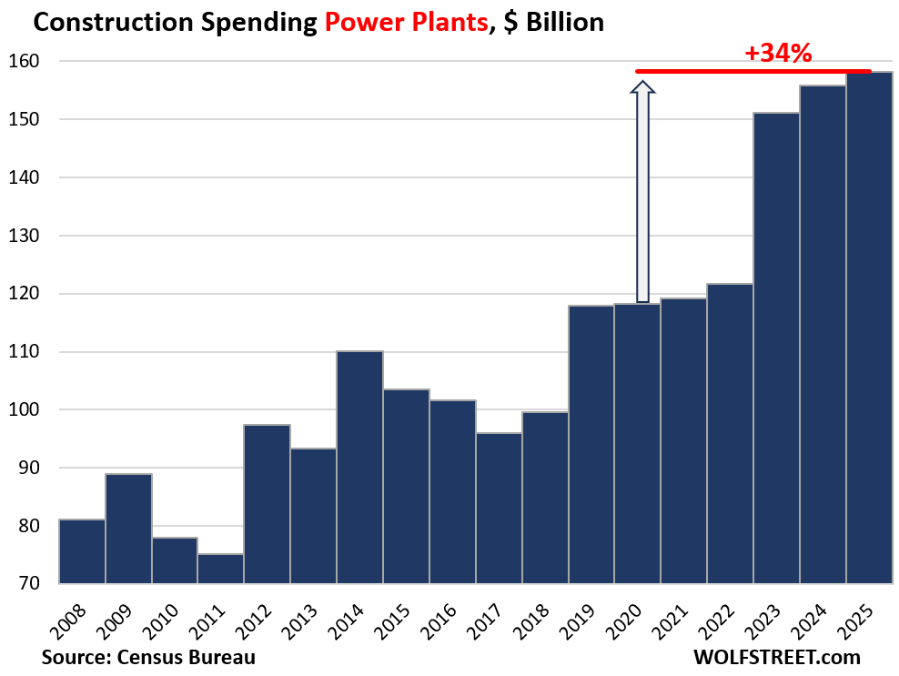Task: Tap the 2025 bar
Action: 869,328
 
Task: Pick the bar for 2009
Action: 128,529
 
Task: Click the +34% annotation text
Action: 777,54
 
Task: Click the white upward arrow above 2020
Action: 643,191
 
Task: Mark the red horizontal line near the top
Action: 753,71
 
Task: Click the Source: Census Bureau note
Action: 148,656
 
